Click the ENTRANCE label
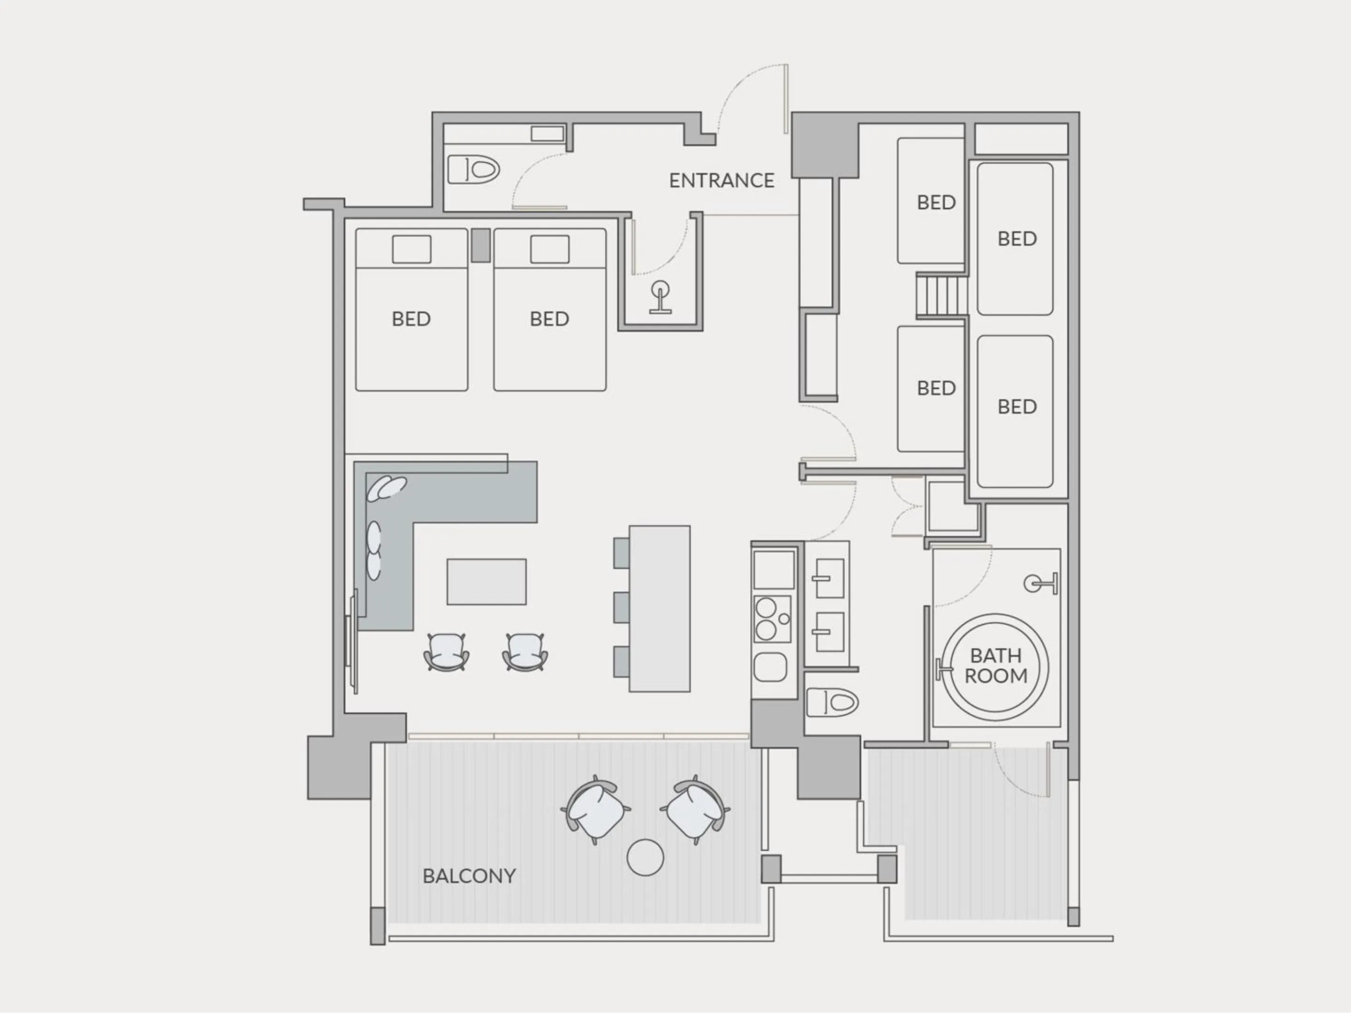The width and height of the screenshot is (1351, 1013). click(x=721, y=181)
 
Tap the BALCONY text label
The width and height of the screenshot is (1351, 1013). click(x=469, y=876)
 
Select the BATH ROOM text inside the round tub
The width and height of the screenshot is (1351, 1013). click(x=995, y=665)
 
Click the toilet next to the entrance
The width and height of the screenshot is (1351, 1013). click(x=473, y=169)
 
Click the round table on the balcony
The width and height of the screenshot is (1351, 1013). click(x=645, y=857)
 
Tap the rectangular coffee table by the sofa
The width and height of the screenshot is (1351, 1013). click(x=486, y=581)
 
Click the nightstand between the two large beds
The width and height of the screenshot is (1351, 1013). click(x=481, y=245)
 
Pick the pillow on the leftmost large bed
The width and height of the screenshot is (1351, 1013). click(x=411, y=249)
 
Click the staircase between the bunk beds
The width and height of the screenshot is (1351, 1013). click(x=941, y=295)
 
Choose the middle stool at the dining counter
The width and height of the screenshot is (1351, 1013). click(x=621, y=607)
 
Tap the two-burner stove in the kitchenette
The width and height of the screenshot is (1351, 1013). click(x=773, y=619)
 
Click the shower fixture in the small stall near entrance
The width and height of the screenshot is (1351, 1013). click(x=660, y=297)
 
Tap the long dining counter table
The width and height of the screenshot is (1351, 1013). click(x=660, y=608)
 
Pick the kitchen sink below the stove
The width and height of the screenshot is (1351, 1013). click(x=770, y=667)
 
